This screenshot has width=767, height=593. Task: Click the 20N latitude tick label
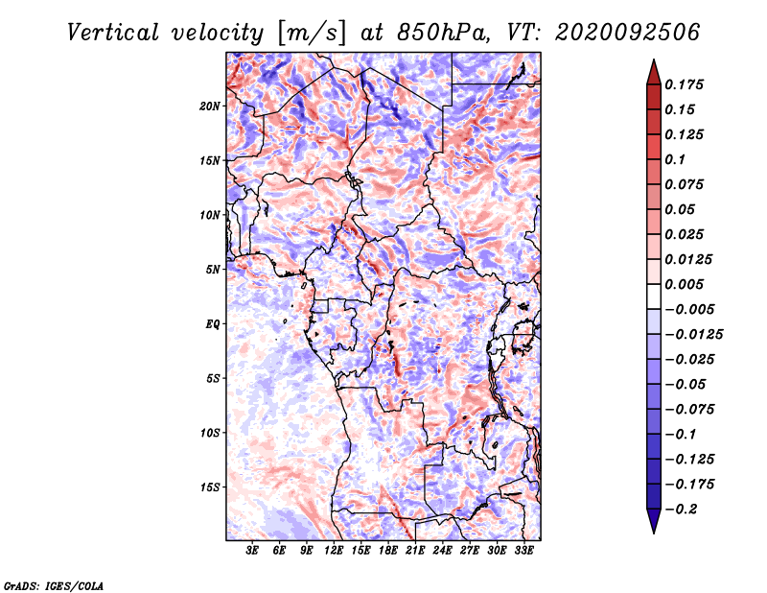[x=210, y=106]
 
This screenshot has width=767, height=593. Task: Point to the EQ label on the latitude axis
[x=213, y=324]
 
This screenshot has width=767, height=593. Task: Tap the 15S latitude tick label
[x=210, y=487]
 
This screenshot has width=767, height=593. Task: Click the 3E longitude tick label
[x=253, y=551]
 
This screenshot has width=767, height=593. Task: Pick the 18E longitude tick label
[x=388, y=551]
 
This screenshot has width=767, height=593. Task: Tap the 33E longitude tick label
[x=523, y=551]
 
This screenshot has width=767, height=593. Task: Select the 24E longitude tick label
[x=442, y=551]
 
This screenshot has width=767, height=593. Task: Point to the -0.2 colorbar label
[x=683, y=509]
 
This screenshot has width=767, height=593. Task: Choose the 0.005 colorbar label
[x=686, y=284]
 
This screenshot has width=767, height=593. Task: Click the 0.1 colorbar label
[x=676, y=159]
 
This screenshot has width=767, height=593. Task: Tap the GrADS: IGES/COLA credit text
[x=53, y=584]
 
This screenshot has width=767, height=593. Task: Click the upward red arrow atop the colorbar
[x=652, y=72]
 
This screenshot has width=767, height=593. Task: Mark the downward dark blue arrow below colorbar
[x=652, y=521]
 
